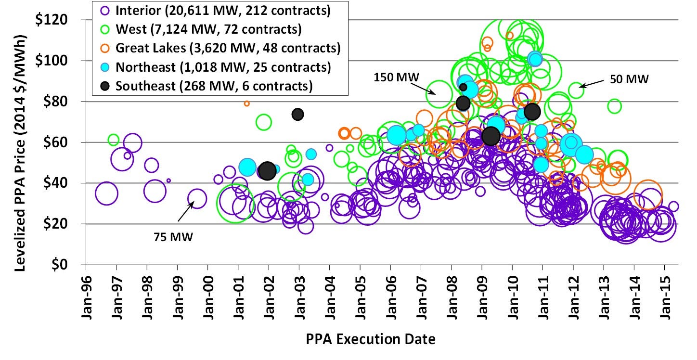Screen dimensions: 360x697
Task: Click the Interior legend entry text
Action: pos(223,11)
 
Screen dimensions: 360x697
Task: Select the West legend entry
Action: pos(208,29)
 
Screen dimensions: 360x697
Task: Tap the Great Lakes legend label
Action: pos(228,48)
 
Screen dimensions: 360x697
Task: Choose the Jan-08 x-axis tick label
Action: pos(452,289)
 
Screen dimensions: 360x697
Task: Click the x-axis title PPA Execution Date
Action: pos(371,339)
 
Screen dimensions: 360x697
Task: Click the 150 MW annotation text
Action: pos(397,77)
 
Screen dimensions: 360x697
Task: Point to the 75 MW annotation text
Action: pos(173,236)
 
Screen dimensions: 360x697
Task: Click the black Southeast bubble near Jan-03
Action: pos(297,114)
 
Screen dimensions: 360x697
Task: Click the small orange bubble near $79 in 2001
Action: pos(247,103)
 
